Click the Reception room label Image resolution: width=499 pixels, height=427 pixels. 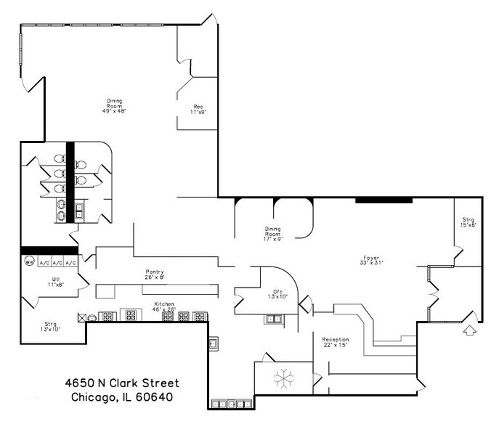coord(336,342)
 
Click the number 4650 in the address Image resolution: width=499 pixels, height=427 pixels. coord(75,382)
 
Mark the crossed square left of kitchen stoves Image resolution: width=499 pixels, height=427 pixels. coord(82,317)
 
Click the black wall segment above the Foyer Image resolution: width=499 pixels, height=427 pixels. coord(384,199)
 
